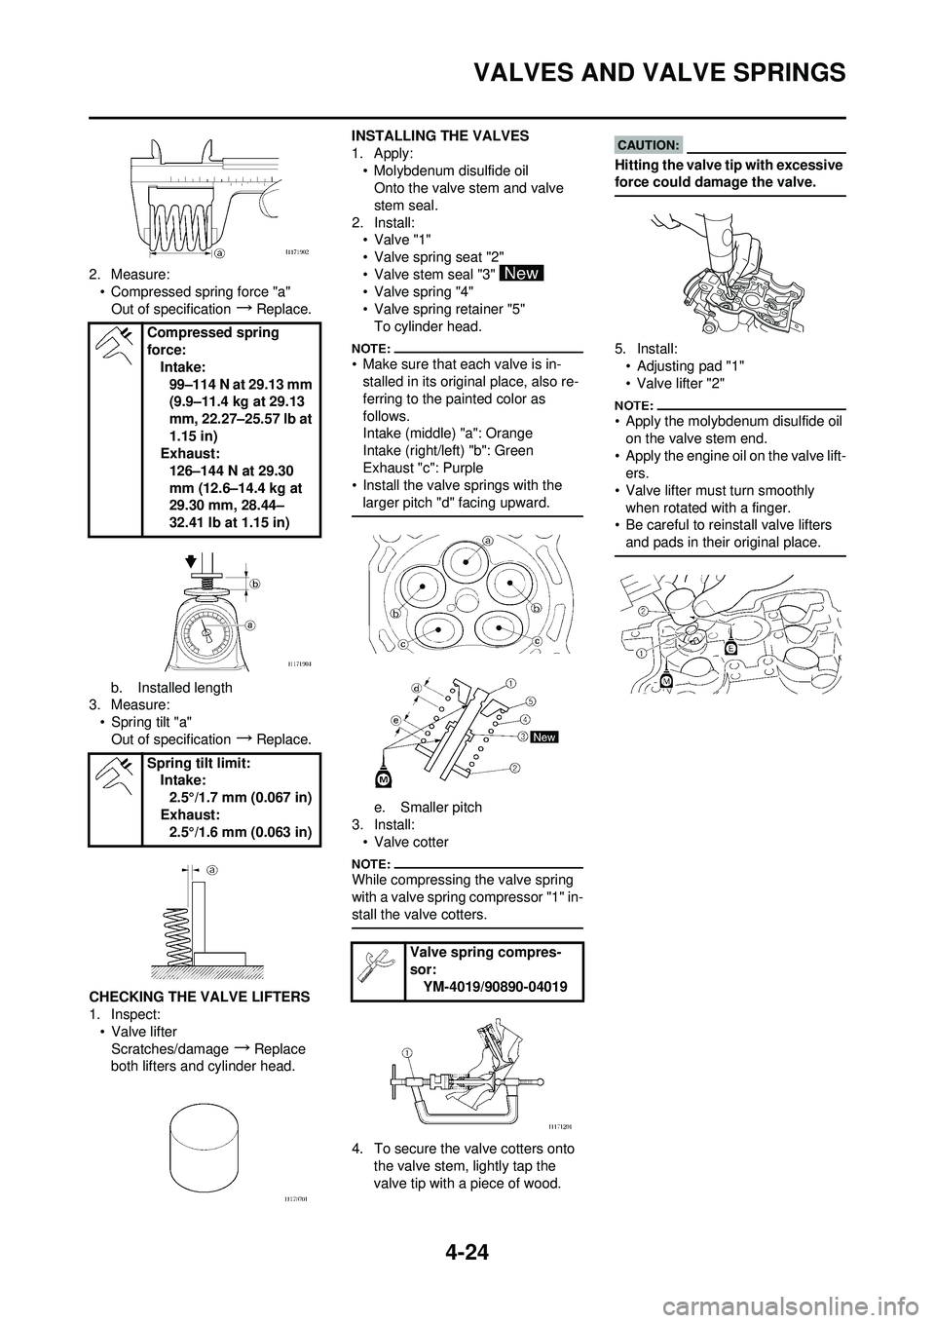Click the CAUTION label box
[651, 145]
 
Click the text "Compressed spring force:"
[212, 340]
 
